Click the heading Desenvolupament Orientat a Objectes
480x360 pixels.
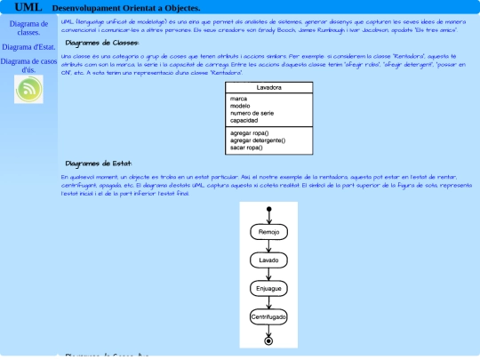139,8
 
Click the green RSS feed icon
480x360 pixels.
28,88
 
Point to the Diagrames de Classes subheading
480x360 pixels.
102,42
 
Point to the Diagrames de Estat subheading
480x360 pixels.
99,164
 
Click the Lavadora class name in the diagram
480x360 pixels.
268,88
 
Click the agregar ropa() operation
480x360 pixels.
249,133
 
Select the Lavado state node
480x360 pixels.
268,260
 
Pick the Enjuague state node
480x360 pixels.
268,289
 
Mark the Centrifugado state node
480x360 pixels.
268,317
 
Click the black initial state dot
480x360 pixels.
268,210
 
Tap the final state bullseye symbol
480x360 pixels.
268,340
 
